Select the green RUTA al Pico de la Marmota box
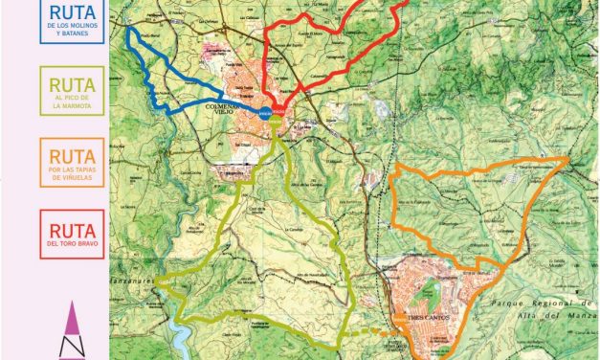pyautogui.click(x=72, y=92)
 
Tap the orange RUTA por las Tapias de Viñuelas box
pyautogui.click(x=72, y=165)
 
